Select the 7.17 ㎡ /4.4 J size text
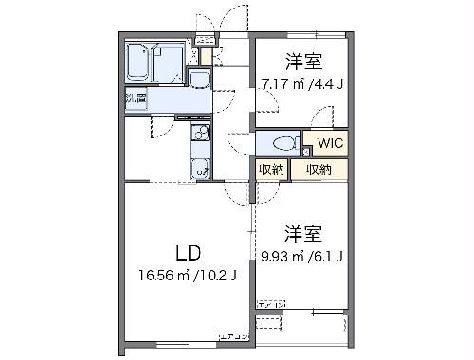tap(302, 83)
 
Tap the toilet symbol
tap(282, 145)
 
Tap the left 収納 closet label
tap(271, 170)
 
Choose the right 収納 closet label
tap(318, 170)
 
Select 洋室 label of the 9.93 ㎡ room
tap(302, 232)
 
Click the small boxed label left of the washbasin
tap(134, 97)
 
